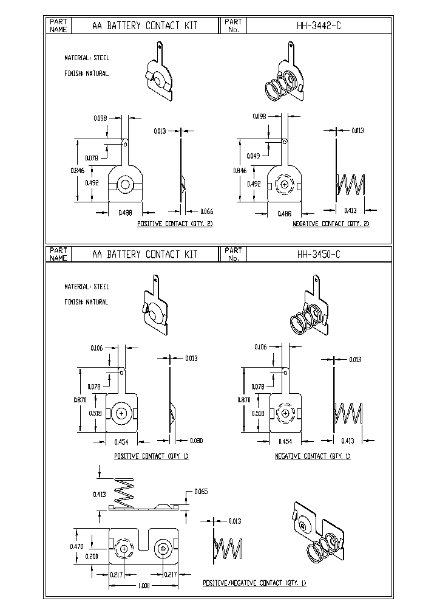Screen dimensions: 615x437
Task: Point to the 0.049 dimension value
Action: (254, 156)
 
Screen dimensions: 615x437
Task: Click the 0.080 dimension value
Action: (195, 441)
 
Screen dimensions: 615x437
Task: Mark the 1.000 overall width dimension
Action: (144, 586)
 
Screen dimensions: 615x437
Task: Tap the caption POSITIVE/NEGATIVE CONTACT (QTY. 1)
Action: (254, 583)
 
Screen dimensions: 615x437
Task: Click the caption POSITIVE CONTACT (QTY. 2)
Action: (175, 224)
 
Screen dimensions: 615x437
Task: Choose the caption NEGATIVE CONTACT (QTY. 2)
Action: (331, 224)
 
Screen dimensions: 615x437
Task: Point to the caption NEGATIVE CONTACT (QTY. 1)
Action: (313, 456)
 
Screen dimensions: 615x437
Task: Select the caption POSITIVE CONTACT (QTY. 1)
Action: (151, 456)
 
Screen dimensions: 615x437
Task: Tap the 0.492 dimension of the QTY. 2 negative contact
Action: (255, 183)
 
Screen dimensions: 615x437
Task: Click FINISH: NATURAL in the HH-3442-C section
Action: (86, 74)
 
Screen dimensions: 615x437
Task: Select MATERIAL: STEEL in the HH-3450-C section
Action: (87, 287)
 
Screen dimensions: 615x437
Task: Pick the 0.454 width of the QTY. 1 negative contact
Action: (285, 441)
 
